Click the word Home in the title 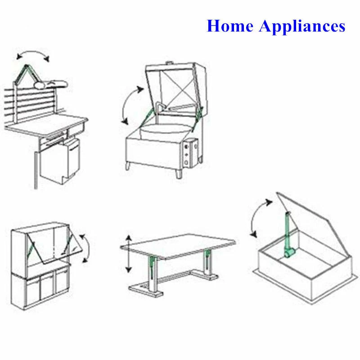[230, 26]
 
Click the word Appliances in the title [302, 27]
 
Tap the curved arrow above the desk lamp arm [33, 54]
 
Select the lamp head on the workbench [51, 84]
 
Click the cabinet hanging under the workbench [60, 161]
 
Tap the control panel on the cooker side [189, 153]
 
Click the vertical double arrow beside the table [129, 254]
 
